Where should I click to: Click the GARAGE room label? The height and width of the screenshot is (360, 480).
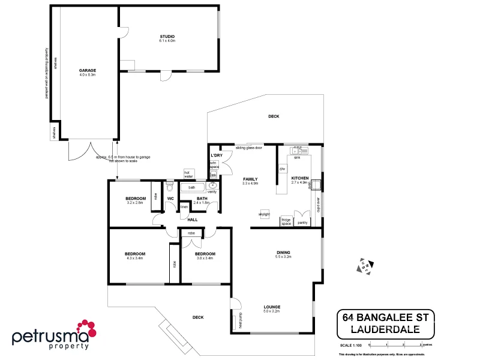pyautogui.click(x=87, y=70)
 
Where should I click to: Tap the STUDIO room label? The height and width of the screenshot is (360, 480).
pyautogui.click(x=167, y=37)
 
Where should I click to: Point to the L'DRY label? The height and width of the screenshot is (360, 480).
pyautogui.click(x=217, y=155)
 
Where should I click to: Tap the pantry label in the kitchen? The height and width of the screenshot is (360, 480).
pyautogui.click(x=302, y=223)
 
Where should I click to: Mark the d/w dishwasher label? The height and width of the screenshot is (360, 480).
pyautogui.click(x=282, y=169)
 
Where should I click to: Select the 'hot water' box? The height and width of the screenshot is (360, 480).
pyautogui.click(x=188, y=175)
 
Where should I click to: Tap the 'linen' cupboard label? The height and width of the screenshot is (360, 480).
pyautogui.click(x=185, y=207)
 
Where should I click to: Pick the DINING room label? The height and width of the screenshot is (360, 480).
pyautogui.click(x=283, y=252)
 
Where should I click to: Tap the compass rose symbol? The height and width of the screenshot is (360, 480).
pyautogui.click(x=365, y=266)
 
